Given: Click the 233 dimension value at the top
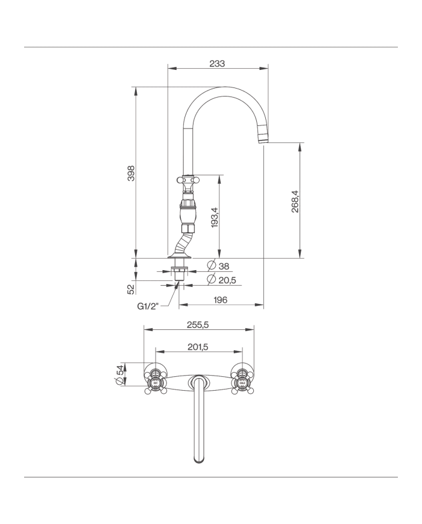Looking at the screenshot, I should [217, 63].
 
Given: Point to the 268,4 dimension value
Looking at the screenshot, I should [295, 206].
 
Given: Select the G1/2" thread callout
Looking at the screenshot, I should [148, 306].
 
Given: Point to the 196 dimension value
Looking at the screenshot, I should [220, 300].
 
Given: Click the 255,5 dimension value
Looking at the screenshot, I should [198, 324].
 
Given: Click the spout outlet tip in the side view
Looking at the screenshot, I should [264, 140].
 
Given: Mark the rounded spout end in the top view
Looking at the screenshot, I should [199, 459].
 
